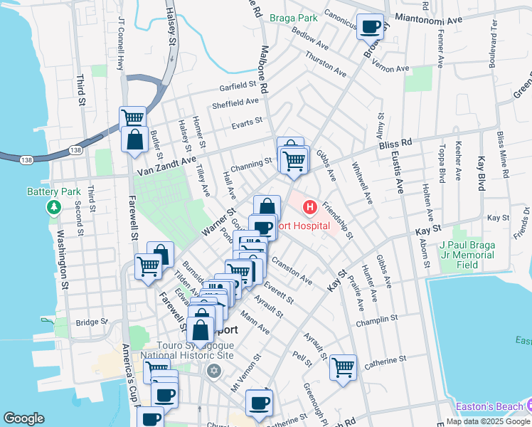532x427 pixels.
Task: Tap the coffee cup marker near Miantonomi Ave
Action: (x=369, y=27)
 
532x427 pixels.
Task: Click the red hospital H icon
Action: (x=310, y=208)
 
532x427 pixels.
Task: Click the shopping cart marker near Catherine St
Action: (x=343, y=368)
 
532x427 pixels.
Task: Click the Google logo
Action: (x=23, y=418)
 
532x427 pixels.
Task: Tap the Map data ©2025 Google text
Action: (x=487, y=421)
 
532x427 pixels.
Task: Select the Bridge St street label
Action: (x=90, y=322)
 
